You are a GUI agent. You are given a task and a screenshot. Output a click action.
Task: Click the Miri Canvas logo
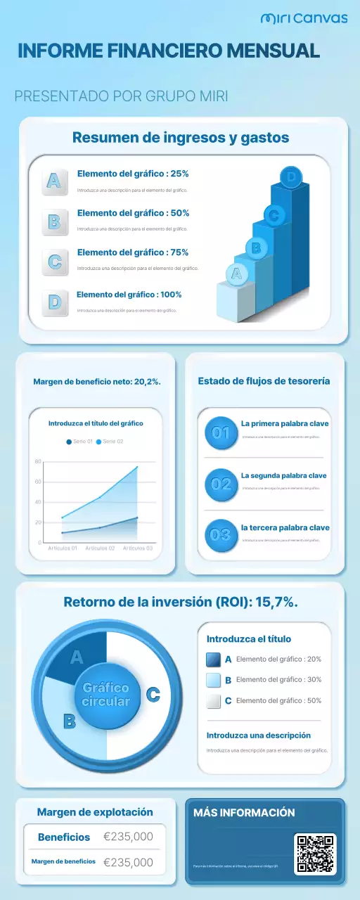click(304, 18)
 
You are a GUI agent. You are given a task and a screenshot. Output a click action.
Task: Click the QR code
click(315, 854)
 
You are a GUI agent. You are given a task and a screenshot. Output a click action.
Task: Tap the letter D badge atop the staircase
click(291, 177)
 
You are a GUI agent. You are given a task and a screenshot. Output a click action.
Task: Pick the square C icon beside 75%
click(54, 262)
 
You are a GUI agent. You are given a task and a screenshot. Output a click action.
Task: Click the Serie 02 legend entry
click(109, 442)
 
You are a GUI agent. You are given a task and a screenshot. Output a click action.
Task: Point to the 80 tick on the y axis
click(37, 461)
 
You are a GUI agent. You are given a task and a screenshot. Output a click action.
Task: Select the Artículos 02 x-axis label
click(100, 548)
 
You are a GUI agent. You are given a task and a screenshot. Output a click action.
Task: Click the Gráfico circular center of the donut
click(106, 695)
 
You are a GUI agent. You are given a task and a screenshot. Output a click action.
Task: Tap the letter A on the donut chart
click(77, 657)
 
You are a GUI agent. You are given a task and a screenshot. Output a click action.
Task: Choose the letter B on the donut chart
click(69, 721)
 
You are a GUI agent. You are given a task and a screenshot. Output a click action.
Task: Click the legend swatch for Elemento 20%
click(214, 660)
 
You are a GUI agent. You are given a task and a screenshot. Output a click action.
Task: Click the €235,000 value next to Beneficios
click(128, 837)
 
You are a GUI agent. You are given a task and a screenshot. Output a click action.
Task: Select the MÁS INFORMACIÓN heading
click(244, 813)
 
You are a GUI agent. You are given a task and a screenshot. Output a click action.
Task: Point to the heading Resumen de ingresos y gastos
click(181, 138)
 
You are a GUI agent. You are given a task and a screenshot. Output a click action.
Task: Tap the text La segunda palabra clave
click(283, 476)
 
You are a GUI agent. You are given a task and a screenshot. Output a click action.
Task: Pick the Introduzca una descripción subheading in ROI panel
click(258, 735)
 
